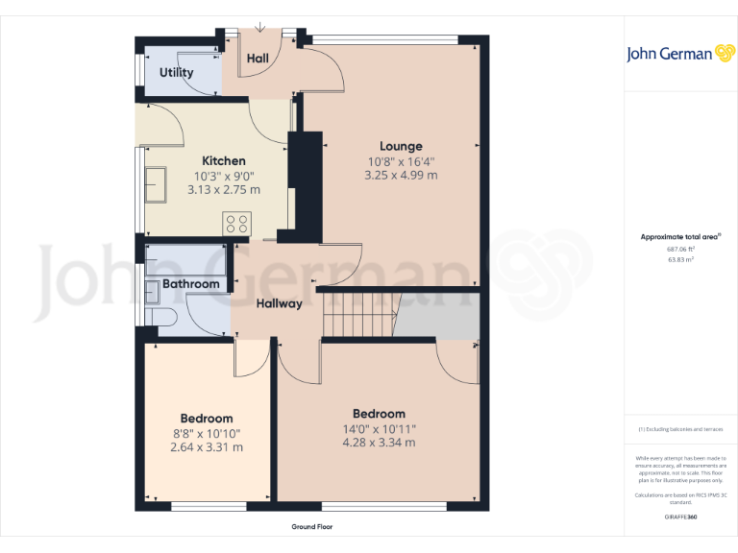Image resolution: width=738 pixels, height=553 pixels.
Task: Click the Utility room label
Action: coord(176,72)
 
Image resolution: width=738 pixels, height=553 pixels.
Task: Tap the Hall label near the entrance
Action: coord(258,59)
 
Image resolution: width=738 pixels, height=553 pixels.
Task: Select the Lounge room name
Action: coord(400,147)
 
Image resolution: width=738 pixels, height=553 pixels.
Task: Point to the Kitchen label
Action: coord(223,161)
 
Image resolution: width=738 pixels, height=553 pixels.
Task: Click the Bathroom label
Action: coord(191,284)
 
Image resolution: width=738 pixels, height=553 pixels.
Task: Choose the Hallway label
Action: coord(280,303)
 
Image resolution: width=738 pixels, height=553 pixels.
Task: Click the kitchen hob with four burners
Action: coord(235,224)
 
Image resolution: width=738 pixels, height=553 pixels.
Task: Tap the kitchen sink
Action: coord(156,185)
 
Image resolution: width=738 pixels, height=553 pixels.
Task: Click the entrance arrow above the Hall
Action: coord(259,26)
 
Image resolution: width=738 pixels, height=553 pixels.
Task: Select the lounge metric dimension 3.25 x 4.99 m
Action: coord(400,176)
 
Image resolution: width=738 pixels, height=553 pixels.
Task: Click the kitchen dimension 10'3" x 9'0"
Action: coord(223,176)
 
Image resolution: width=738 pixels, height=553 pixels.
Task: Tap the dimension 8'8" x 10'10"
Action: coord(207,433)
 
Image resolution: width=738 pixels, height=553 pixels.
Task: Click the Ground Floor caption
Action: coord(312,527)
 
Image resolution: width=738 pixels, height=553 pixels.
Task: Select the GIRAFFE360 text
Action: coord(680,517)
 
